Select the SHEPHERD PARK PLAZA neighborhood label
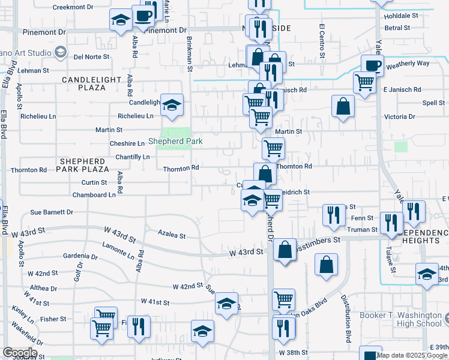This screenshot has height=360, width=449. pyautogui.click(x=85, y=166)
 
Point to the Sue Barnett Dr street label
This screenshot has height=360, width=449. pyautogui.click(x=51, y=212)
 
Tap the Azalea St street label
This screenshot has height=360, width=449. pyautogui.click(x=172, y=235)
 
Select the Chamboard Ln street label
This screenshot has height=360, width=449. pyautogui.click(x=94, y=195)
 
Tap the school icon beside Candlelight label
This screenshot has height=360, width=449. pyautogui.click(x=172, y=106)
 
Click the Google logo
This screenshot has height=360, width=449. pyautogui.click(x=20, y=353)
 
